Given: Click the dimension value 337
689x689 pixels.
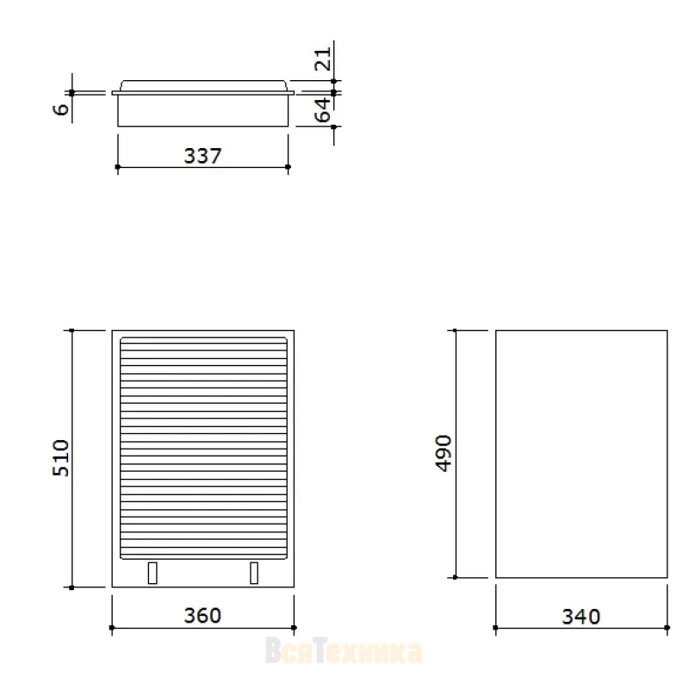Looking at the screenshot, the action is point(202,156).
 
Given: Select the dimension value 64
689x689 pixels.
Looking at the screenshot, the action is point(322,110).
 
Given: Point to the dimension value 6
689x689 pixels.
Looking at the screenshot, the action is point(61,109).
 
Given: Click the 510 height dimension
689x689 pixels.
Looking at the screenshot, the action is point(61,458).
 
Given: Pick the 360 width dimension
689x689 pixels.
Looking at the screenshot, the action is point(202,616).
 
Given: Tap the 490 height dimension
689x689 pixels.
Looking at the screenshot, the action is point(444,454).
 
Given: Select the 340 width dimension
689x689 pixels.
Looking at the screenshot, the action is point(580,617).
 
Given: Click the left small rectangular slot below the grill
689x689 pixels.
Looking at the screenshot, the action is point(152,573).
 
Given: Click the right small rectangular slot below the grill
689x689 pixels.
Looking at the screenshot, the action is point(254,573).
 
